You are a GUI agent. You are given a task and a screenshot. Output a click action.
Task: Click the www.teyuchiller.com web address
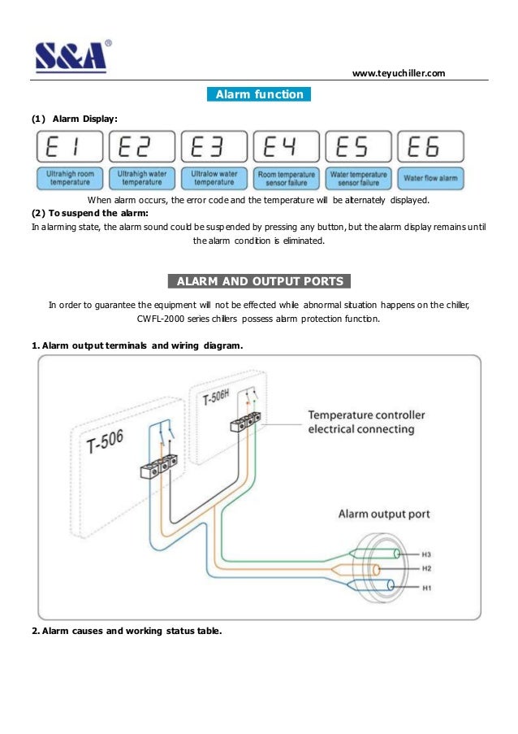pos(399,73)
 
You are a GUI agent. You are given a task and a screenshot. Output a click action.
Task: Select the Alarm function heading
pos(259,94)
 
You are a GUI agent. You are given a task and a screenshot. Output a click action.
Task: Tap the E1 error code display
pos(68,147)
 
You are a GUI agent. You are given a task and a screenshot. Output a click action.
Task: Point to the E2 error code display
pos(140,147)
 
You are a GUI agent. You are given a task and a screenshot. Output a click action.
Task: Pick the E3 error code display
pos(214,147)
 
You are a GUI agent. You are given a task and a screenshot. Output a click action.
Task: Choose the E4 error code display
pos(286,147)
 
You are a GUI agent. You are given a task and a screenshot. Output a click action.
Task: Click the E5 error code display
pos(358,147)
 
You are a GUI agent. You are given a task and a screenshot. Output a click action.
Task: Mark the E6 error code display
pos(430,147)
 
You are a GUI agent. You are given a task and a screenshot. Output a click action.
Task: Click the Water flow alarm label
pos(430,177)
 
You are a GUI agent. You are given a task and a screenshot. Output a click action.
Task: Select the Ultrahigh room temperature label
pos(68,177)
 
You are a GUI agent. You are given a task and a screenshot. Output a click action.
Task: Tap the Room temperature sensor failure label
pos(286,177)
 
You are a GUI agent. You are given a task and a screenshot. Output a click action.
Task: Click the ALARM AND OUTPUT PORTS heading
pos(259,282)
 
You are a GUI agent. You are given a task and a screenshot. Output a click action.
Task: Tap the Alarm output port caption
pos(384,514)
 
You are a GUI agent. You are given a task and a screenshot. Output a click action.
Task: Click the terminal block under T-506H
pos(247,420)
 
